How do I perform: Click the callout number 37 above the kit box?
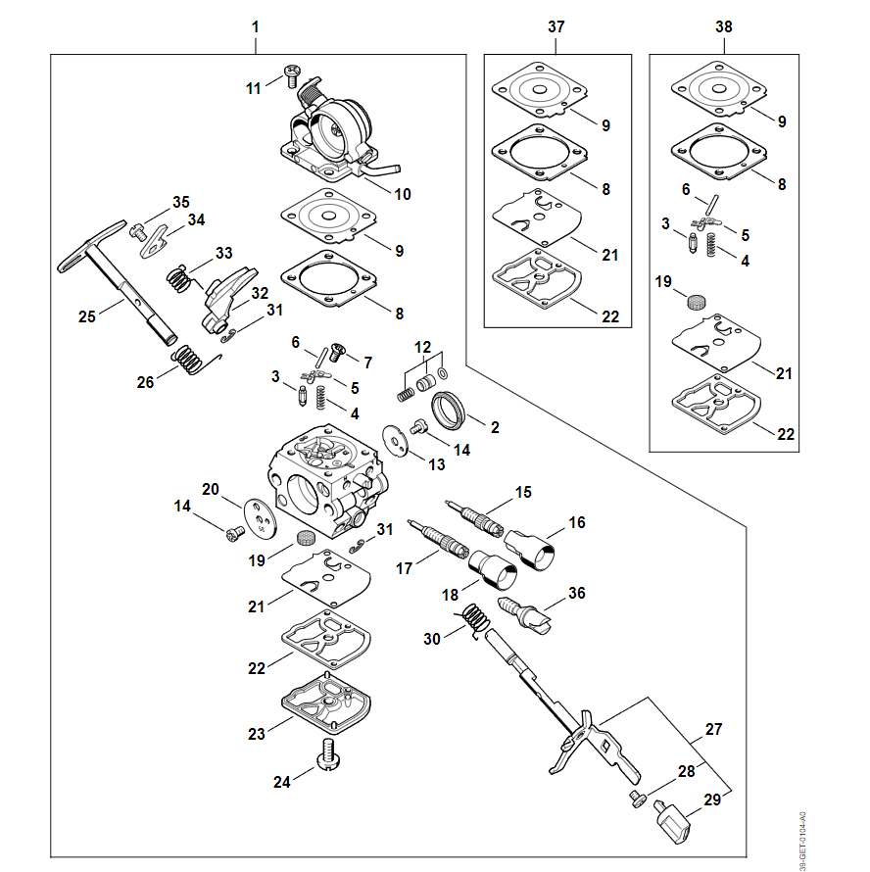tap(556, 26)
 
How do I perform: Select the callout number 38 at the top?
tap(724, 26)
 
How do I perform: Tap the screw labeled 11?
tap(291, 73)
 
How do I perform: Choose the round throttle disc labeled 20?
tap(260, 518)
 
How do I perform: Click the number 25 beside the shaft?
tap(87, 315)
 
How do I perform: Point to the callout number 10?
tap(402, 194)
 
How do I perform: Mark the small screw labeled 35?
tap(138, 233)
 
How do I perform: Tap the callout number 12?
tap(423, 347)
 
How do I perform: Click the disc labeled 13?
tap(397, 439)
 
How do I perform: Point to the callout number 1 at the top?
tap(256, 26)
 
